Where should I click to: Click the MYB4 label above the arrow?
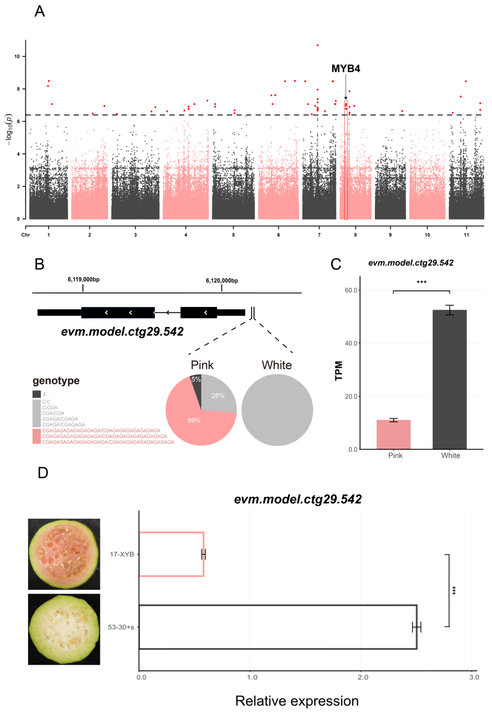point(346,68)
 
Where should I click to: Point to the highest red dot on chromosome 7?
point(318,45)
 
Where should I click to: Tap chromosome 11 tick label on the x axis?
point(466,235)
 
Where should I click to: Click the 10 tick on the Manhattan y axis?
point(17,56)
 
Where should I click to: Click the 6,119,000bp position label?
point(84,280)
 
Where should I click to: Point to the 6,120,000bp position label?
point(222,281)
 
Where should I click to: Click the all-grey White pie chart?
point(277,410)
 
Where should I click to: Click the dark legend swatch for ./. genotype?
point(36,394)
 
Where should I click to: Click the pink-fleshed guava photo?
point(64,554)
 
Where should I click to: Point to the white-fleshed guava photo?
point(64,629)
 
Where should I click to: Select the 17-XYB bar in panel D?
point(171,554)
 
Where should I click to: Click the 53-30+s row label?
point(121,627)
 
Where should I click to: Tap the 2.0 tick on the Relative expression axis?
point(363,677)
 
